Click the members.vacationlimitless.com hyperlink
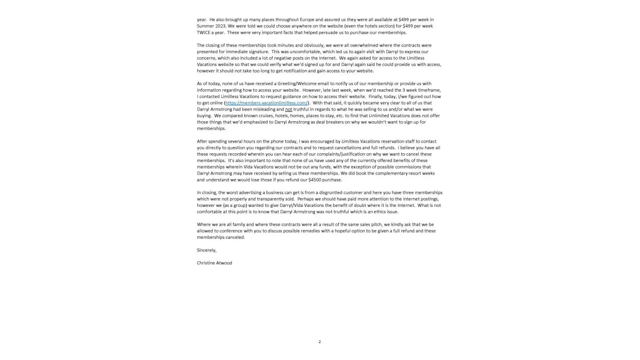click(x=266, y=103)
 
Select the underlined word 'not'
click(x=288, y=109)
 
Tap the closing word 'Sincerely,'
click(x=207, y=250)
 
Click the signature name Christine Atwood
click(x=214, y=263)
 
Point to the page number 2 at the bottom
click(x=320, y=342)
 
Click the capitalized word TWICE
click(x=203, y=32)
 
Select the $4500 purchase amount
click(x=315, y=180)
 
